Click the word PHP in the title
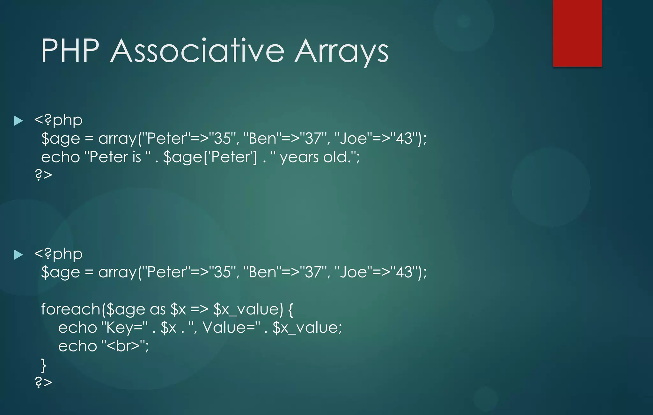[x=70, y=51]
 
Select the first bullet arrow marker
[x=18, y=121]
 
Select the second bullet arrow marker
[x=18, y=254]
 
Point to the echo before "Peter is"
[x=60, y=157]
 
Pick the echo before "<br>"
[x=77, y=346]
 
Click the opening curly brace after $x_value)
[x=290, y=309]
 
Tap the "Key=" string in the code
[x=124, y=328]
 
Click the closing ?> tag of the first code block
[x=43, y=175]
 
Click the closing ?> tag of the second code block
[x=43, y=382]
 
